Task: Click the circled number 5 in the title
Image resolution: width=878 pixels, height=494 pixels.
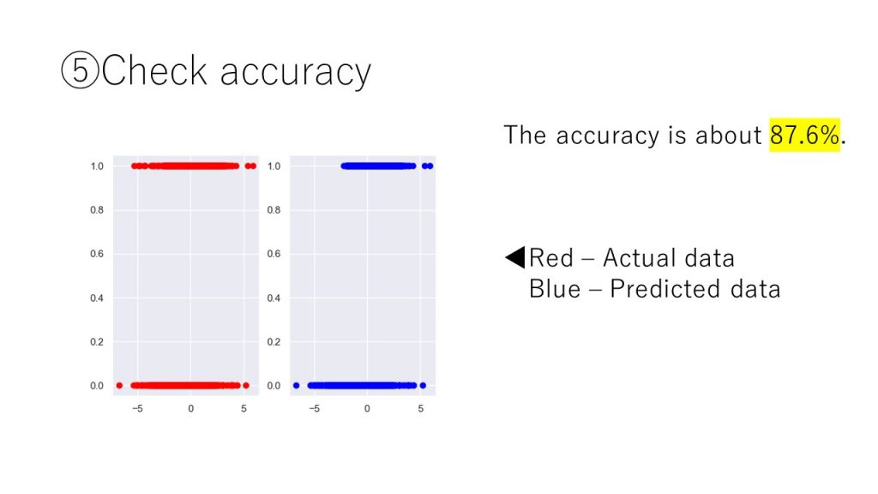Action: pyautogui.click(x=80, y=70)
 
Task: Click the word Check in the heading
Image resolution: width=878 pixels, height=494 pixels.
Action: pyautogui.click(x=154, y=70)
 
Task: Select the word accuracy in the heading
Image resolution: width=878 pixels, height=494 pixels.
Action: pyautogui.click(x=295, y=74)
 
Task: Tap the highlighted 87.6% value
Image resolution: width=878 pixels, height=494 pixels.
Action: pyautogui.click(x=804, y=135)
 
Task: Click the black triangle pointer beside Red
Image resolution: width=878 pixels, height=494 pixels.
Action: pyautogui.click(x=515, y=257)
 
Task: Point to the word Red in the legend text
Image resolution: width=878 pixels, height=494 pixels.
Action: pyautogui.click(x=551, y=258)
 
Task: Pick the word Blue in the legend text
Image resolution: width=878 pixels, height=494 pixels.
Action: pyautogui.click(x=555, y=289)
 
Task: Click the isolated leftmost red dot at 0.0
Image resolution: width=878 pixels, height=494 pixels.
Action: pyautogui.click(x=119, y=385)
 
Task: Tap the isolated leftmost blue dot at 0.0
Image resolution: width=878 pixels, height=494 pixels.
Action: pyautogui.click(x=296, y=385)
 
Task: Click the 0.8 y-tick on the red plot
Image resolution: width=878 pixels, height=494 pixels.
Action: pyautogui.click(x=97, y=210)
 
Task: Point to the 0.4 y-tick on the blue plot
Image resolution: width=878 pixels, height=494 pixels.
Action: pyautogui.click(x=274, y=298)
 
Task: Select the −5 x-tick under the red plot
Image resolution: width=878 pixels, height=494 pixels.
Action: pyautogui.click(x=138, y=409)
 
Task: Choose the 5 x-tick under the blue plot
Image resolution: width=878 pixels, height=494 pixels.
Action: pyautogui.click(x=420, y=409)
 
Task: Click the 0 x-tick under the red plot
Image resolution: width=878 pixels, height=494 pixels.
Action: pyautogui.click(x=191, y=409)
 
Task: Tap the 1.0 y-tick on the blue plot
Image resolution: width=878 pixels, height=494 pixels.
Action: pyautogui.click(x=274, y=166)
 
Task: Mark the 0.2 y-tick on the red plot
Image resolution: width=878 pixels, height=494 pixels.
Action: pyautogui.click(x=97, y=341)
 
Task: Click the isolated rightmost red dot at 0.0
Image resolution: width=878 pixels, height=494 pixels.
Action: pyautogui.click(x=246, y=385)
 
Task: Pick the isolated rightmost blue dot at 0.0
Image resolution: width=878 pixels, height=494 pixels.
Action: pyautogui.click(x=423, y=385)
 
